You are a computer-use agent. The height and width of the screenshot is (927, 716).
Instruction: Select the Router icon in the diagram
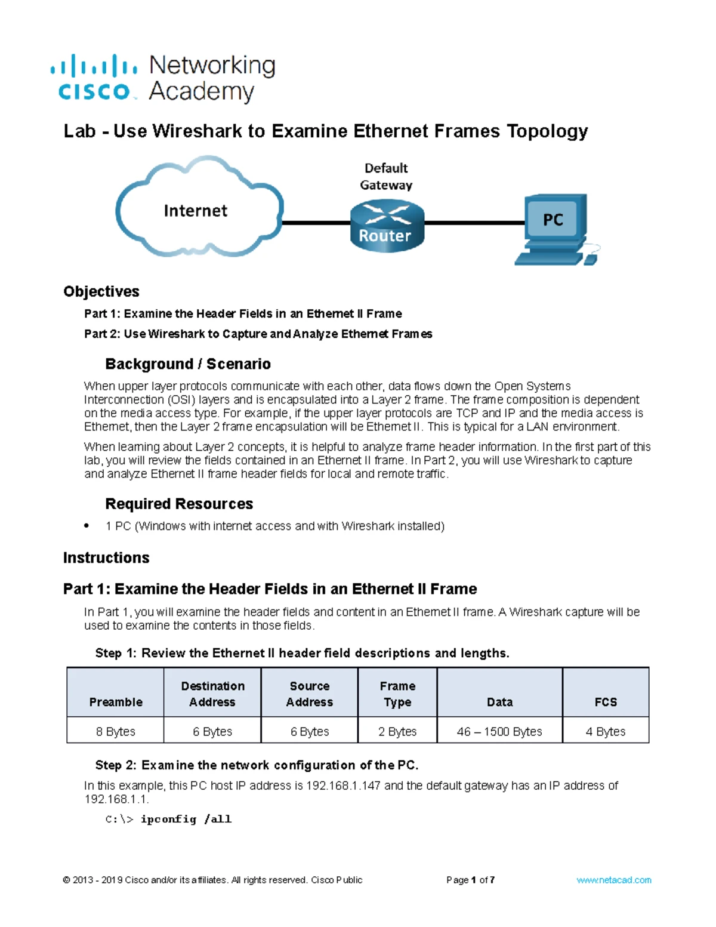(x=387, y=227)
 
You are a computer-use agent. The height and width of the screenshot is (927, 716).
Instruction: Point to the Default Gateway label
(x=386, y=177)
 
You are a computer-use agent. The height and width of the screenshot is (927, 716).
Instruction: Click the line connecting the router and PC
(x=474, y=223)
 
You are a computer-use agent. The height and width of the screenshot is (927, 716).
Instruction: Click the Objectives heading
(x=101, y=291)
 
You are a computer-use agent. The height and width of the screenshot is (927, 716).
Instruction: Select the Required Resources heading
(x=179, y=504)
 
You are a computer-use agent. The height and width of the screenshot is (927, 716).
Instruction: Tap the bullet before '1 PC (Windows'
(x=87, y=526)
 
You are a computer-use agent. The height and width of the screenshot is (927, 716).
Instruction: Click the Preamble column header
(x=116, y=702)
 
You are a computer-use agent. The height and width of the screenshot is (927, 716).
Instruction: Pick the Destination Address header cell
(x=212, y=694)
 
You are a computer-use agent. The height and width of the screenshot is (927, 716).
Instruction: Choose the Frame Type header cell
(x=397, y=694)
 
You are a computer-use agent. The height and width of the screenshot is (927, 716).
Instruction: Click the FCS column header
(x=606, y=702)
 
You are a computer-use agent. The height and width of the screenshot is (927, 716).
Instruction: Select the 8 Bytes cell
(x=116, y=731)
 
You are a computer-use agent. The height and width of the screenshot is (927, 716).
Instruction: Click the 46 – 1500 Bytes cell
(x=499, y=731)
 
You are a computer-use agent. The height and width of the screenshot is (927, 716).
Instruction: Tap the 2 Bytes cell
(x=397, y=731)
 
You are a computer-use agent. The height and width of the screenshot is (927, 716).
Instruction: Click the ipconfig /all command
(x=186, y=819)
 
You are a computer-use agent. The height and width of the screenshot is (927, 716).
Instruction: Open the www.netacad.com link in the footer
(x=614, y=880)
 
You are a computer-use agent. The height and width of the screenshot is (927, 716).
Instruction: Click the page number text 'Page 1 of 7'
(x=470, y=880)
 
